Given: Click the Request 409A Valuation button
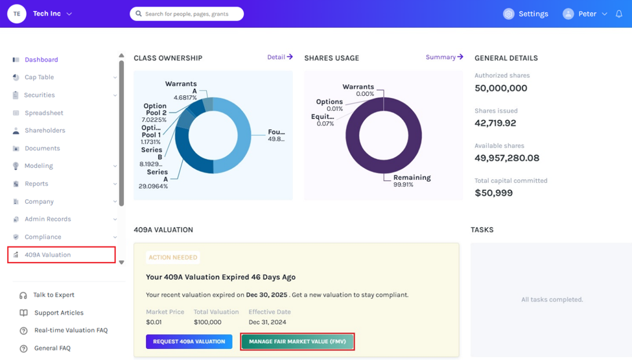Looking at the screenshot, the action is (x=189, y=341).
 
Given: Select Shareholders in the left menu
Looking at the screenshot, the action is (x=45, y=130).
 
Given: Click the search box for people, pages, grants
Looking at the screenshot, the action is (x=187, y=14).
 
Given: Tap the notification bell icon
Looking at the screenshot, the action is (x=619, y=14).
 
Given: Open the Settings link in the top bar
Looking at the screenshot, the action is (x=526, y=14).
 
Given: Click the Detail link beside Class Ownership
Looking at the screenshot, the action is (x=280, y=57).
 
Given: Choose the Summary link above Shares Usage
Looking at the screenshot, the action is (x=445, y=57).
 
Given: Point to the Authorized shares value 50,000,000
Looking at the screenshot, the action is (x=500, y=88).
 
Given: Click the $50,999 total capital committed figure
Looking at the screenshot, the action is (x=494, y=193).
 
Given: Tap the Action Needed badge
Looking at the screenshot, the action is (x=173, y=258).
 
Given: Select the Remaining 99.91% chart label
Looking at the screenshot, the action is (x=412, y=180).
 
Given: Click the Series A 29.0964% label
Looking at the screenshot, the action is (x=154, y=179).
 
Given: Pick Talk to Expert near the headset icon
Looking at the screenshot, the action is (x=54, y=294).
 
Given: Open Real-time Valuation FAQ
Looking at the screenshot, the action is (x=71, y=330).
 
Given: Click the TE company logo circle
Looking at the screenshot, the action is (x=17, y=14).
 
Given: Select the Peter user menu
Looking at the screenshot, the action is (x=585, y=14).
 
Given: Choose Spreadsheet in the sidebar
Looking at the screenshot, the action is (x=44, y=113).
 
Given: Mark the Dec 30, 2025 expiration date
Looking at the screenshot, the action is (x=266, y=294).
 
